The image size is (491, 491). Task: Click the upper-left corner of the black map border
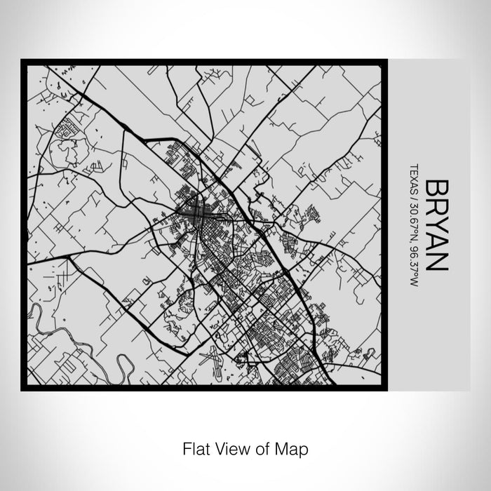point(22,60)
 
